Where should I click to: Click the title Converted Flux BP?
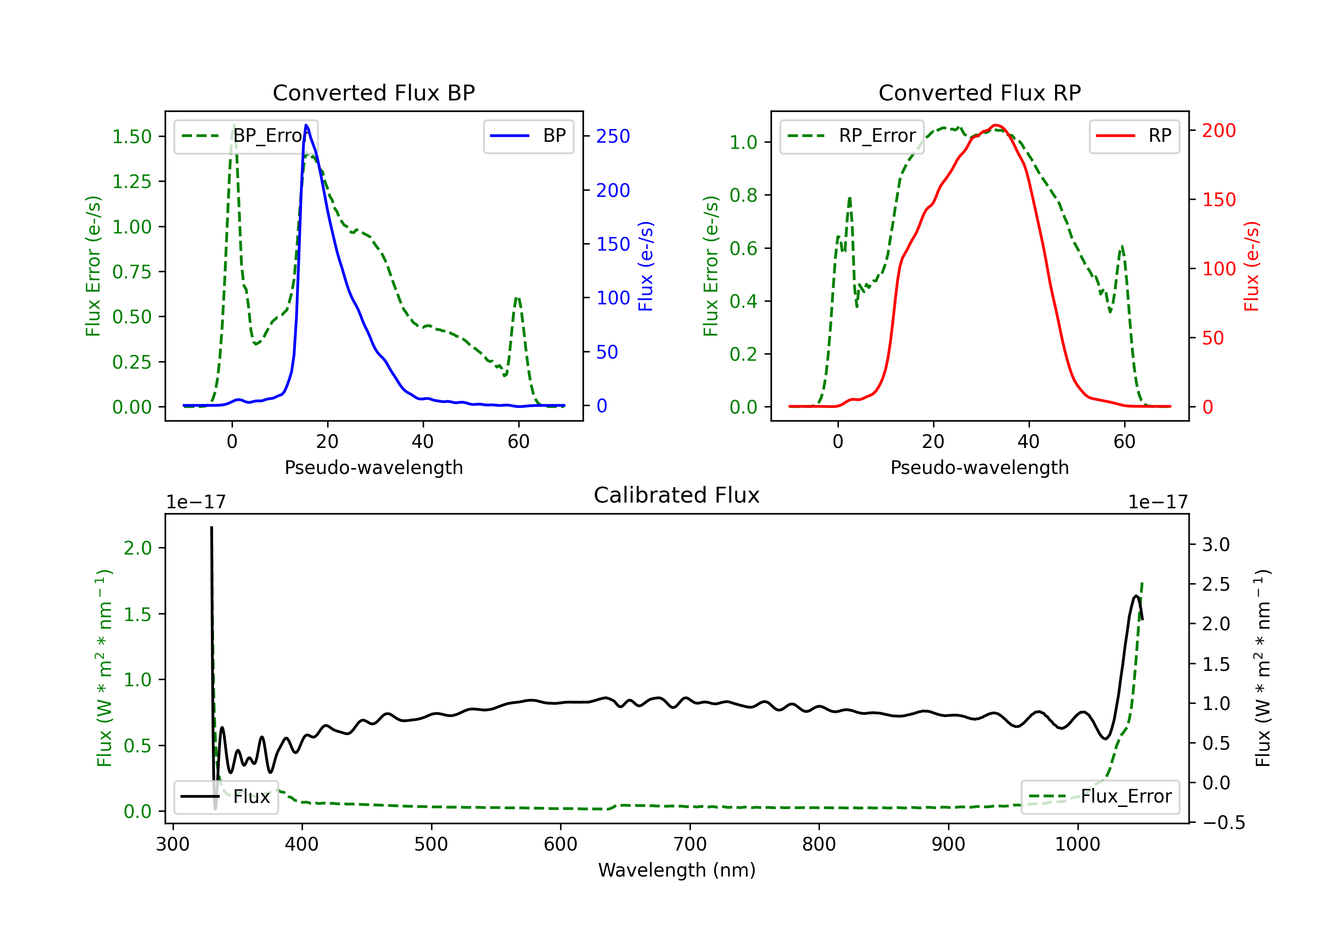[x=373, y=92]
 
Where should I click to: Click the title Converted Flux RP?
[x=979, y=92]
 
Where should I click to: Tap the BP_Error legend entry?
[x=246, y=136]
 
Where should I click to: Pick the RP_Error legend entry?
[x=852, y=136]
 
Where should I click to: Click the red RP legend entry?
[x=1134, y=136]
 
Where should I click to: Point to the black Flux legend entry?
[x=226, y=797]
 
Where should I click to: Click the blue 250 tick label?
[x=613, y=137]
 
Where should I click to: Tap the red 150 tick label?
[x=1218, y=200]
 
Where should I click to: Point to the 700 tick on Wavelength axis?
[x=690, y=844]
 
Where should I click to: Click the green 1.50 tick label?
[x=132, y=137]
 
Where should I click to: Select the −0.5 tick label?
[x=1223, y=822]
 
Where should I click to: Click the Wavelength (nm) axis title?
[x=677, y=870]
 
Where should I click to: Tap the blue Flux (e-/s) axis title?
[x=646, y=266]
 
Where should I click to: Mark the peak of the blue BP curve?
[x=306, y=125]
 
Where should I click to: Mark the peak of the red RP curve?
[x=996, y=125]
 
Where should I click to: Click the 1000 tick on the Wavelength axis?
[x=1077, y=844]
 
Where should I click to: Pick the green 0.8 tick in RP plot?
[x=743, y=196]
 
